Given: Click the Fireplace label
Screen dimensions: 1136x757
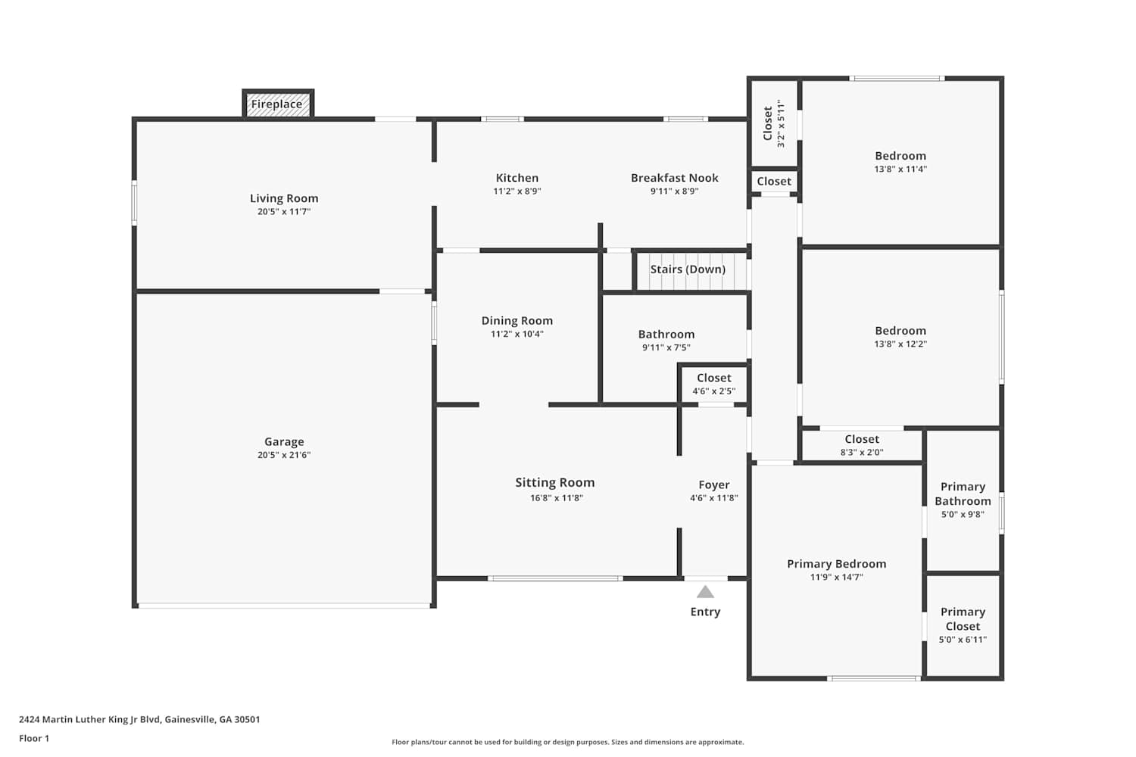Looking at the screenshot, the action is [x=277, y=104].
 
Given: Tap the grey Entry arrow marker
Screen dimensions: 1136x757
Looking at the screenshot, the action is [x=705, y=592].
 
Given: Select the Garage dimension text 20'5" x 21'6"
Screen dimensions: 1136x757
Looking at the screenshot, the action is [x=284, y=455].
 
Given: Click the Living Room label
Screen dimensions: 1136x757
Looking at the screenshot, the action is [x=284, y=198].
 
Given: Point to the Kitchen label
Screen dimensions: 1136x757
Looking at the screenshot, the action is [x=517, y=178].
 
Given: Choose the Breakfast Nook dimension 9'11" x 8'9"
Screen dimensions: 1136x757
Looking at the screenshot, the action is [x=675, y=192].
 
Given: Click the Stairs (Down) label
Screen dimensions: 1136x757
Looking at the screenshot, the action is [x=688, y=269].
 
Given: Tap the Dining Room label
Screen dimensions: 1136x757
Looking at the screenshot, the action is [x=517, y=320].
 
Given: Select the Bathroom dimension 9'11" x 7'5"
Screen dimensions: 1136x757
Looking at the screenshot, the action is [x=666, y=347].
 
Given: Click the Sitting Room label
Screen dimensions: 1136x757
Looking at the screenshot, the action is [x=555, y=483].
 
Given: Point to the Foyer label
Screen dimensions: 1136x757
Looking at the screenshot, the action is [x=714, y=484].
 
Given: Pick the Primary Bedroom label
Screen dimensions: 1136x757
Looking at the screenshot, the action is [x=837, y=564].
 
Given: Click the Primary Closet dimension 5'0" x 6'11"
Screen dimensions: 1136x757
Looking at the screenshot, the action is [x=963, y=640].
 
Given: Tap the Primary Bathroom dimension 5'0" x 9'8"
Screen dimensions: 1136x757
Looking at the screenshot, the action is [x=963, y=514].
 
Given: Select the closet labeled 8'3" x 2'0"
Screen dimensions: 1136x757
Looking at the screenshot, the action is [x=862, y=445].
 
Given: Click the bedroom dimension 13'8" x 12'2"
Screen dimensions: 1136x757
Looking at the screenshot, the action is [x=900, y=344].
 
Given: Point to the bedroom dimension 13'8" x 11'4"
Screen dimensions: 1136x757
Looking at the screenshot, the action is [x=900, y=169].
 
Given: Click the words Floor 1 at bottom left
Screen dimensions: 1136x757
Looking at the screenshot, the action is [x=34, y=738].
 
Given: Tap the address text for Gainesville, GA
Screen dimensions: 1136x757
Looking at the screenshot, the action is [x=139, y=719].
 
